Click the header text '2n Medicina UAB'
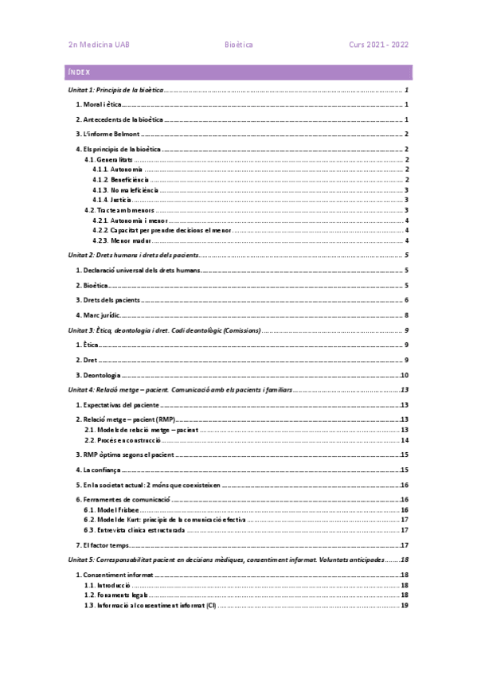[x=100, y=45]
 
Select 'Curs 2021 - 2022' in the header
[x=378, y=45]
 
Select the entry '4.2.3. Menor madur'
[x=121, y=240]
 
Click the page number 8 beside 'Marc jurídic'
[x=406, y=316]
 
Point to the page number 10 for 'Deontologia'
[x=405, y=375]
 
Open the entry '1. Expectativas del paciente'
[x=118, y=405]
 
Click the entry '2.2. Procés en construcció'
[x=123, y=439]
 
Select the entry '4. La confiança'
[x=101, y=470]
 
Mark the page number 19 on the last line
[x=405, y=606]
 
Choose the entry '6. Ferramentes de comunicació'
[x=123, y=499]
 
